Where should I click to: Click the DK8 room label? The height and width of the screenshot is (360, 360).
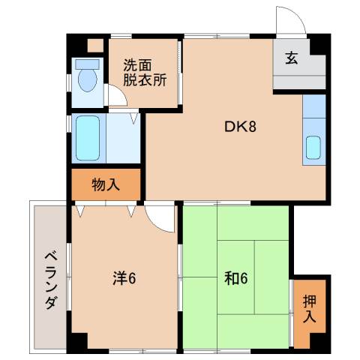[x=241, y=127]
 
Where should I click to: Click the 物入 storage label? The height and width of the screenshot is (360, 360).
[x=106, y=184]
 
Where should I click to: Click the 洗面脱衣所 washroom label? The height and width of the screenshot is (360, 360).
[x=145, y=72]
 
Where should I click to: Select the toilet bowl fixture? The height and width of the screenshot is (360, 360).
[x=88, y=79]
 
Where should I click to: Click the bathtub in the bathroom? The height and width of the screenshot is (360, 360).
[x=88, y=138]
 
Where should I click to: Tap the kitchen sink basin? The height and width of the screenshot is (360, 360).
[x=313, y=148]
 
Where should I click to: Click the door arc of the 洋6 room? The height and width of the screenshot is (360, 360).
[x=159, y=217]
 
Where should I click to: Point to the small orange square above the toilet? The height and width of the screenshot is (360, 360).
[x=94, y=46]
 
